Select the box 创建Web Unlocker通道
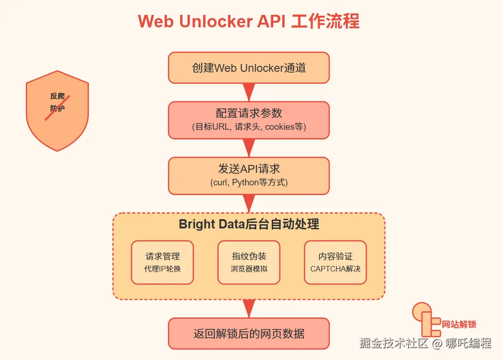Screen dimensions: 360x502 coord(249,68)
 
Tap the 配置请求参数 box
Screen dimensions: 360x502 coord(249,120)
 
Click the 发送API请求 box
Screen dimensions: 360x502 coord(249,175)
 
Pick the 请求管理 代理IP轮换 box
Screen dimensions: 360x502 coord(162,262)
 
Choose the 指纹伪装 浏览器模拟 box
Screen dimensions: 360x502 coord(249,262)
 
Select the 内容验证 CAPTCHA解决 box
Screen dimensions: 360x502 coord(335,262)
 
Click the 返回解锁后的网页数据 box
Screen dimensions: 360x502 coord(249,334)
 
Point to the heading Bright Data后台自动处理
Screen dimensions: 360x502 coord(249,225)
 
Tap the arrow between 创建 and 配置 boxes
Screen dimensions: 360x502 coord(249,91)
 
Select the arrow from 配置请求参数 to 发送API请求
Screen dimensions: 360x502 coord(249,147)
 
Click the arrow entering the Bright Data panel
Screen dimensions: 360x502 coord(249,202)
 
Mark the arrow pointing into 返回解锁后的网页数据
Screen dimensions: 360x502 coord(249,308)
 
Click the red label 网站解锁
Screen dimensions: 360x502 coord(459,324)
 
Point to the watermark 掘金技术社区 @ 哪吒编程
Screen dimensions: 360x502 coord(425,343)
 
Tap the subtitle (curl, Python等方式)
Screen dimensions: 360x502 coord(249,183)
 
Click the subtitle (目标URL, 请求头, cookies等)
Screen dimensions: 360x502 coord(249,127)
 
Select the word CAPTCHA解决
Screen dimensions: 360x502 coord(335,269)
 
